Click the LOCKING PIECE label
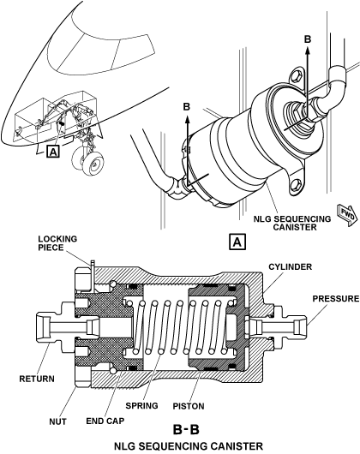pos(57,243)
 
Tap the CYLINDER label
pos(291,266)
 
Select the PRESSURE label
pos(336,298)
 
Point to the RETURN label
pos(37,379)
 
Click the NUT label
pos(57,421)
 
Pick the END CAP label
pos(105,421)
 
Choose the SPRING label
pos(141,406)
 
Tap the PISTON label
pos(189,406)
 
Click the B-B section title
pos(187,429)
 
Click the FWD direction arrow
pos(347,214)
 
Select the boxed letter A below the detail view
pos(237,242)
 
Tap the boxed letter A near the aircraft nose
pos(53,152)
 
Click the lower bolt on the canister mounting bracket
pos(297,184)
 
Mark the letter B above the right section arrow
pos(308,39)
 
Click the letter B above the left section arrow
pos(187,106)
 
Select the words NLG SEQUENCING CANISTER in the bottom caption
pos(189,446)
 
